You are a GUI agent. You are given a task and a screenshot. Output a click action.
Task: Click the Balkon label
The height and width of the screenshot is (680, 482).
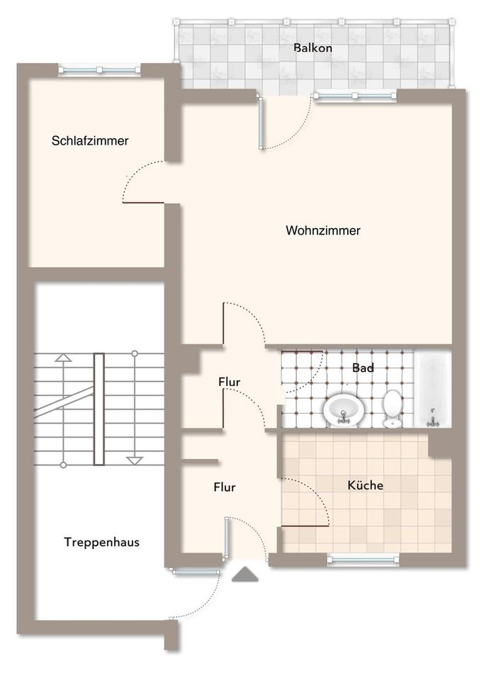point(313,48)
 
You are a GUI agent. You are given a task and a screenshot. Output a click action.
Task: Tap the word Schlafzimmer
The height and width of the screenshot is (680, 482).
point(90,141)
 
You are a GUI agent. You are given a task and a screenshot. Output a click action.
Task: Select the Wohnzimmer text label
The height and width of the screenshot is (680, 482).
point(323,230)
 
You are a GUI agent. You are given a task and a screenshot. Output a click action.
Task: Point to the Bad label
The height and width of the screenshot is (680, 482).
point(363,368)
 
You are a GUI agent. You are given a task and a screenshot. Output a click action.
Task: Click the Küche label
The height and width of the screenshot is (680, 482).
point(365,485)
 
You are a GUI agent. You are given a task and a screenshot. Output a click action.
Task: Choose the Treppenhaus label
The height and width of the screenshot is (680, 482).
point(101,543)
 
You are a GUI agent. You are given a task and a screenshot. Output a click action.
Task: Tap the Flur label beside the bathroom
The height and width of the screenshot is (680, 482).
point(229,382)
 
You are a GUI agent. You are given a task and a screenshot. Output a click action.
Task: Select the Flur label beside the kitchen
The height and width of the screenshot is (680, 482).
point(225,487)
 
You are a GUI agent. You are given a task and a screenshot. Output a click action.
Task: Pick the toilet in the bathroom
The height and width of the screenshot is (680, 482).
point(393,408)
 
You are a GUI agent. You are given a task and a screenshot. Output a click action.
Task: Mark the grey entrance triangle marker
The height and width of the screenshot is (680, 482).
point(247,574)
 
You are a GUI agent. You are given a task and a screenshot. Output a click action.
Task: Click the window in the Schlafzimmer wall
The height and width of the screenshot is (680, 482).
point(99,70)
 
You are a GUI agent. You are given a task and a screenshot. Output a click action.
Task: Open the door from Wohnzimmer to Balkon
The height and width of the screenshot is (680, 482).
point(262,124)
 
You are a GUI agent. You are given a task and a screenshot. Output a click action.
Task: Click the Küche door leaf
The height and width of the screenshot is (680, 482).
point(305,526)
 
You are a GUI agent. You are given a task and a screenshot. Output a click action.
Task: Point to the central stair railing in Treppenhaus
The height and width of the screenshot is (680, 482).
point(99,409)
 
